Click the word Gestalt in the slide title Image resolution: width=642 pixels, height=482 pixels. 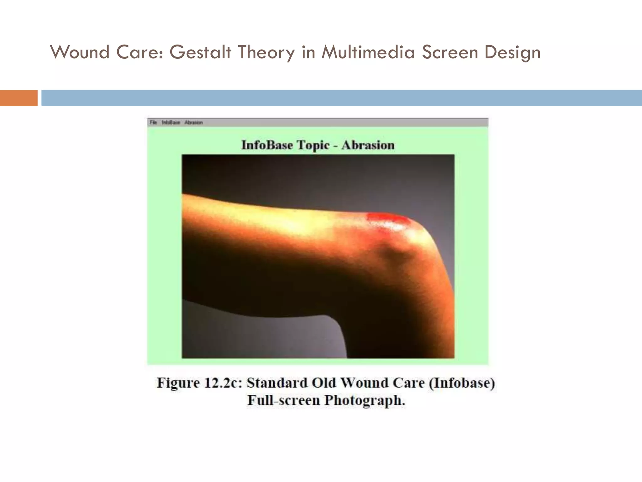[201, 52]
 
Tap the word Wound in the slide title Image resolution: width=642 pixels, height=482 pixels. [80, 52]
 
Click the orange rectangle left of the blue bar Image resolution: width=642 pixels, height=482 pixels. [18, 98]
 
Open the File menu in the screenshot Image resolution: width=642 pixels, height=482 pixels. [153, 122]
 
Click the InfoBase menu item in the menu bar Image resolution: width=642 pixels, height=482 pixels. [171, 122]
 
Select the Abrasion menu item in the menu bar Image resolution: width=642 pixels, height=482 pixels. [193, 122]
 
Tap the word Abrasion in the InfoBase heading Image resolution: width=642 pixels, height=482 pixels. [368, 145]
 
